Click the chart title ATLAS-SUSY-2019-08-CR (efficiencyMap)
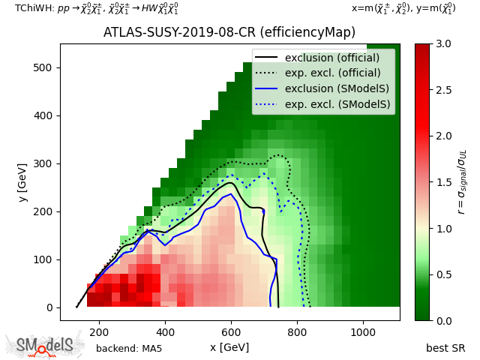click(229, 33)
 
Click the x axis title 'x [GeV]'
click(229, 347)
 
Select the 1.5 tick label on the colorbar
click(442, 182)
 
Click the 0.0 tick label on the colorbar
click(442, 320)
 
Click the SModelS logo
click(46, 345)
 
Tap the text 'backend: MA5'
click(129, 349)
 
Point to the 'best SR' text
click(445, 349)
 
